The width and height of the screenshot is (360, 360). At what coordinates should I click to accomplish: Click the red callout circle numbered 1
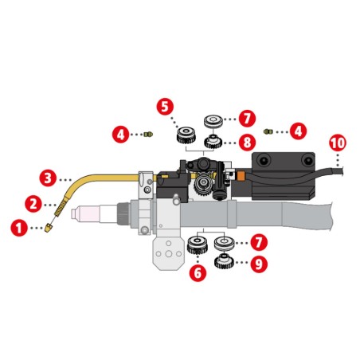pos(19,228)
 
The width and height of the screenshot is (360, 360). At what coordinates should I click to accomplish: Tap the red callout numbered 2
pos(33,204)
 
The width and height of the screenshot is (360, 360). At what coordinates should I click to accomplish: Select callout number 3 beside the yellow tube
pos(48,178)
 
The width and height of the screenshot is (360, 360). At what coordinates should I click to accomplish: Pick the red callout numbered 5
pos(165,107)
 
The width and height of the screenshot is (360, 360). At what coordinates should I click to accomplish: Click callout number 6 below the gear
pos(198,272)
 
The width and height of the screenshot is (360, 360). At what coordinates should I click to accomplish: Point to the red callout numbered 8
pos(247,143)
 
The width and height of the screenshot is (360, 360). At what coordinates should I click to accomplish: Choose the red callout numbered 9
pos(259,264)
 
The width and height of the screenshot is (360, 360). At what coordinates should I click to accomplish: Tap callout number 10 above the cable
pos(338,143)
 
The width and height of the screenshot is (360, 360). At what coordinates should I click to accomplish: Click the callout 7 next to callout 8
pos(247,118)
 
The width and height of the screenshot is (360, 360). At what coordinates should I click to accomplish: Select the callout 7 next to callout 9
pos(259,242)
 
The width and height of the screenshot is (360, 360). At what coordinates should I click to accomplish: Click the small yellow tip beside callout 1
pos(49,228)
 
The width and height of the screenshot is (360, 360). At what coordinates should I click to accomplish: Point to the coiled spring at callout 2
pos(60,208)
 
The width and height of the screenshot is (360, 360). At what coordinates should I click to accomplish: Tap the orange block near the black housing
pos(241,175)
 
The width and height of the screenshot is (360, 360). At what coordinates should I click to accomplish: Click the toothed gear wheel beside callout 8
pos(213,142)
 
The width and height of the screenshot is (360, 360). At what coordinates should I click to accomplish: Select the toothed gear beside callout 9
pos(224,261)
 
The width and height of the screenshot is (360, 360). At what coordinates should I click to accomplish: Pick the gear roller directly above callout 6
pos(198,245)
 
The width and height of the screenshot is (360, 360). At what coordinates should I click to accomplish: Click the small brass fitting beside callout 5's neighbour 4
pos(148,135)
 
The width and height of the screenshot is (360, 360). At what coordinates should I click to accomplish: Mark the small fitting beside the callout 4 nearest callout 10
pos(268,131)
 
